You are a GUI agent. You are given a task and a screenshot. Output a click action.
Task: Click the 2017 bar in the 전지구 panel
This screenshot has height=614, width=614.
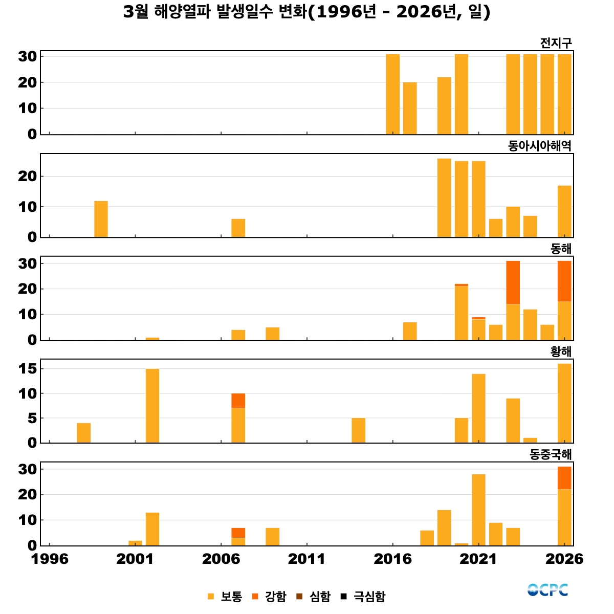(410, 108)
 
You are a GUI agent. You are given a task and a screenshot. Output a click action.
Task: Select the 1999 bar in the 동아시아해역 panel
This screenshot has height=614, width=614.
(101, 219)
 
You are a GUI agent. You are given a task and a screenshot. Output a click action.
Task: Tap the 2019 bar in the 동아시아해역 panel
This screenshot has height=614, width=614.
(444, 198)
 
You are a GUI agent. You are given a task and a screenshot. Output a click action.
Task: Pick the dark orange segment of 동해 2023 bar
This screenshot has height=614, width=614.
(513, 282)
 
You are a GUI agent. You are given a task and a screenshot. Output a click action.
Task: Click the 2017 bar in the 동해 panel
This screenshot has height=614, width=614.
(410, 331)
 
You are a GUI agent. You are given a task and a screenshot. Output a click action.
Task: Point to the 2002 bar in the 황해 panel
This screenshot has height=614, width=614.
(152, 406)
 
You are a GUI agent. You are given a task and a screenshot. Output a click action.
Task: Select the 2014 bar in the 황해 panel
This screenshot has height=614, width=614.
(358, 430)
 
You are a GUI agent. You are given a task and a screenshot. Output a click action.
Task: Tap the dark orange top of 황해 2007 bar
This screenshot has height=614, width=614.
(238, 401)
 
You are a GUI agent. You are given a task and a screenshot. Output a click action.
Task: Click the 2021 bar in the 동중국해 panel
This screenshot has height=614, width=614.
(478, 510)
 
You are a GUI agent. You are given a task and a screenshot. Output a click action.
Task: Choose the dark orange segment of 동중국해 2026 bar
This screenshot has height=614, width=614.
(564, 478)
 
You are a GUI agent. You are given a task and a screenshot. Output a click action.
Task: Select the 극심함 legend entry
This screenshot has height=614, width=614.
(364, 597)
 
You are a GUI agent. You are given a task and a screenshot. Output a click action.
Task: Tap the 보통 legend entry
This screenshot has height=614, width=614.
(225, 597)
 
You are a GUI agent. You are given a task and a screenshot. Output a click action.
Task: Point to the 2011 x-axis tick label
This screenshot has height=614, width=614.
(306, 559)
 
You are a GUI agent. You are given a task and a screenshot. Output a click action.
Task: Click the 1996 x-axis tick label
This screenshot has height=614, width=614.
(50, 559)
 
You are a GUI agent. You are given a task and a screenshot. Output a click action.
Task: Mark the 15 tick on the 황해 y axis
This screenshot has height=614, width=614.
(28, 369)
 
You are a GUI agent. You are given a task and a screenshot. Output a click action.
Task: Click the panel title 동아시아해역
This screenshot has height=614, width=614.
(539, 146)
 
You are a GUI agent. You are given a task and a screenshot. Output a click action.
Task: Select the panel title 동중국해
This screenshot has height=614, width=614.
(550, 454)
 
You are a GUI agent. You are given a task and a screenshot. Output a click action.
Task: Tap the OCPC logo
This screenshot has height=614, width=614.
(547, 590)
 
